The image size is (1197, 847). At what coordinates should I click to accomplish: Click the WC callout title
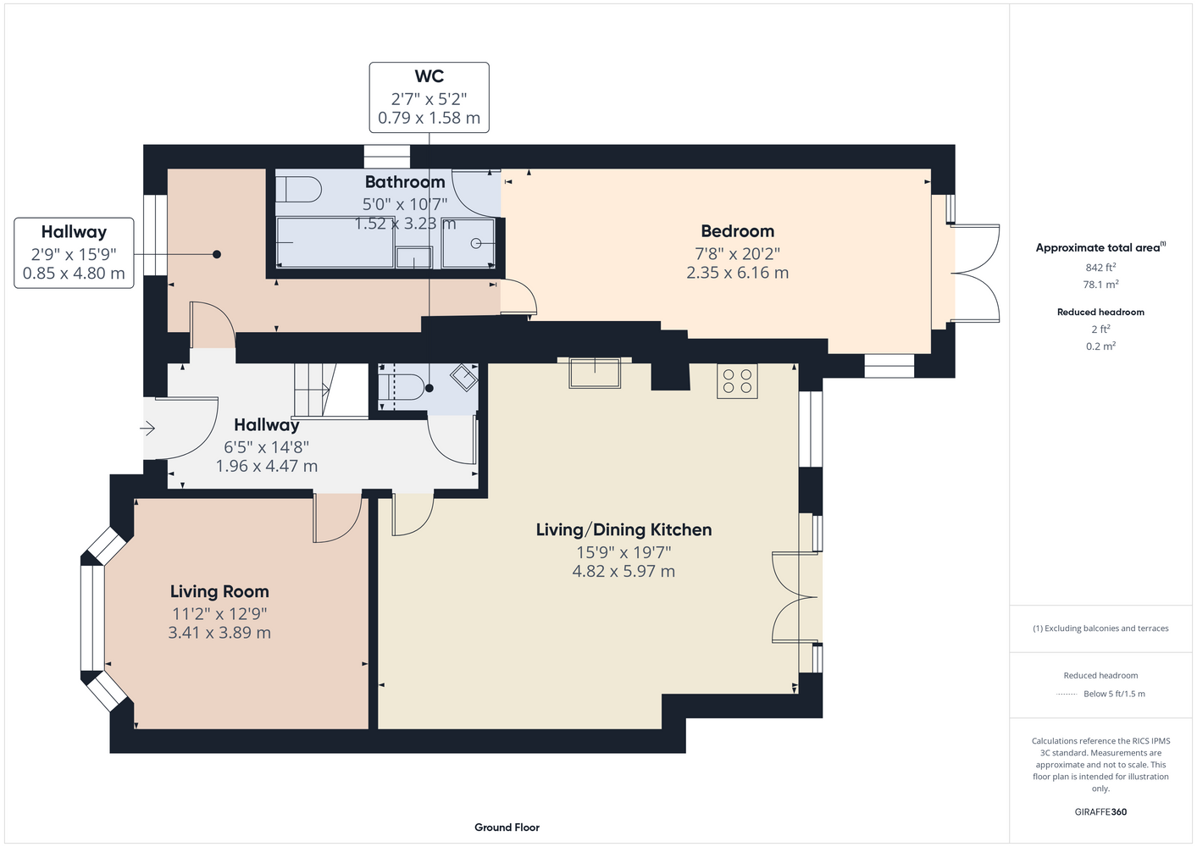pyautogui.click(x=429, y=76)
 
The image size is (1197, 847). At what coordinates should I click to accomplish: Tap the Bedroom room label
pyautogui.click(x=738, y=231)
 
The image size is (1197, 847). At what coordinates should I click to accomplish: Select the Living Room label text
pyautogui.click(x=219, y=591)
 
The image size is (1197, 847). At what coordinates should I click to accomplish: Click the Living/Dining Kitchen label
pyautogui.click(x=623, y=530)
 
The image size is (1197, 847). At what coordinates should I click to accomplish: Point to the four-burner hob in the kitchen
pyautogui.click(x=737, y=381)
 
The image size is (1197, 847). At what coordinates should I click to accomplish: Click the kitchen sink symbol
pyautogui.click(x=595, y=373)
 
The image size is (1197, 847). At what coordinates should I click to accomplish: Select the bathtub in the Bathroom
pyautogui.click(x=335, y=242)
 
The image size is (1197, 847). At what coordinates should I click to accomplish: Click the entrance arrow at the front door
pyautogui.click(x=147, y=428)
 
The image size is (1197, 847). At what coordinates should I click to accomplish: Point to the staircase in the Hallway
pyautogui.click(x=314, y=390)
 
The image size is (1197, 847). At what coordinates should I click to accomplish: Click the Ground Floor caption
pyautogui.click(x=507, y=828)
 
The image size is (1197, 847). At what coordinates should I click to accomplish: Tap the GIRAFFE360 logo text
pyautogui.click(x=1100, y=811)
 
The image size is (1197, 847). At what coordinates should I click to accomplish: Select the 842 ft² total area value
pyautogui.click(x=1100, y=267)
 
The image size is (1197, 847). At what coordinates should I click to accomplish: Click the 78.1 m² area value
pyautogui.click(x=1100, y=285)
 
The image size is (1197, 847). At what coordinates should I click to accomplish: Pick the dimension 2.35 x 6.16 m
pyautogui.click(x=738, y=273)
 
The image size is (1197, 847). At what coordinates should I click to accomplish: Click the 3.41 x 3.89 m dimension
pyautogui.click(x=219, y=633)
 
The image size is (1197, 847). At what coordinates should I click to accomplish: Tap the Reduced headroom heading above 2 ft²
pyautogui.click(x=1100, y=312)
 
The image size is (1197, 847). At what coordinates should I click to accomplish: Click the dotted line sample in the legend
pyautogui.click(x=1067, y=695)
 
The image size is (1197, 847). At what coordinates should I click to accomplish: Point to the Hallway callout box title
pyautogui.click(x=74, y=232)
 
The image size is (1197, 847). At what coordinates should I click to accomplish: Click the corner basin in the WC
pyautogui.click(x=464, y=377)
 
